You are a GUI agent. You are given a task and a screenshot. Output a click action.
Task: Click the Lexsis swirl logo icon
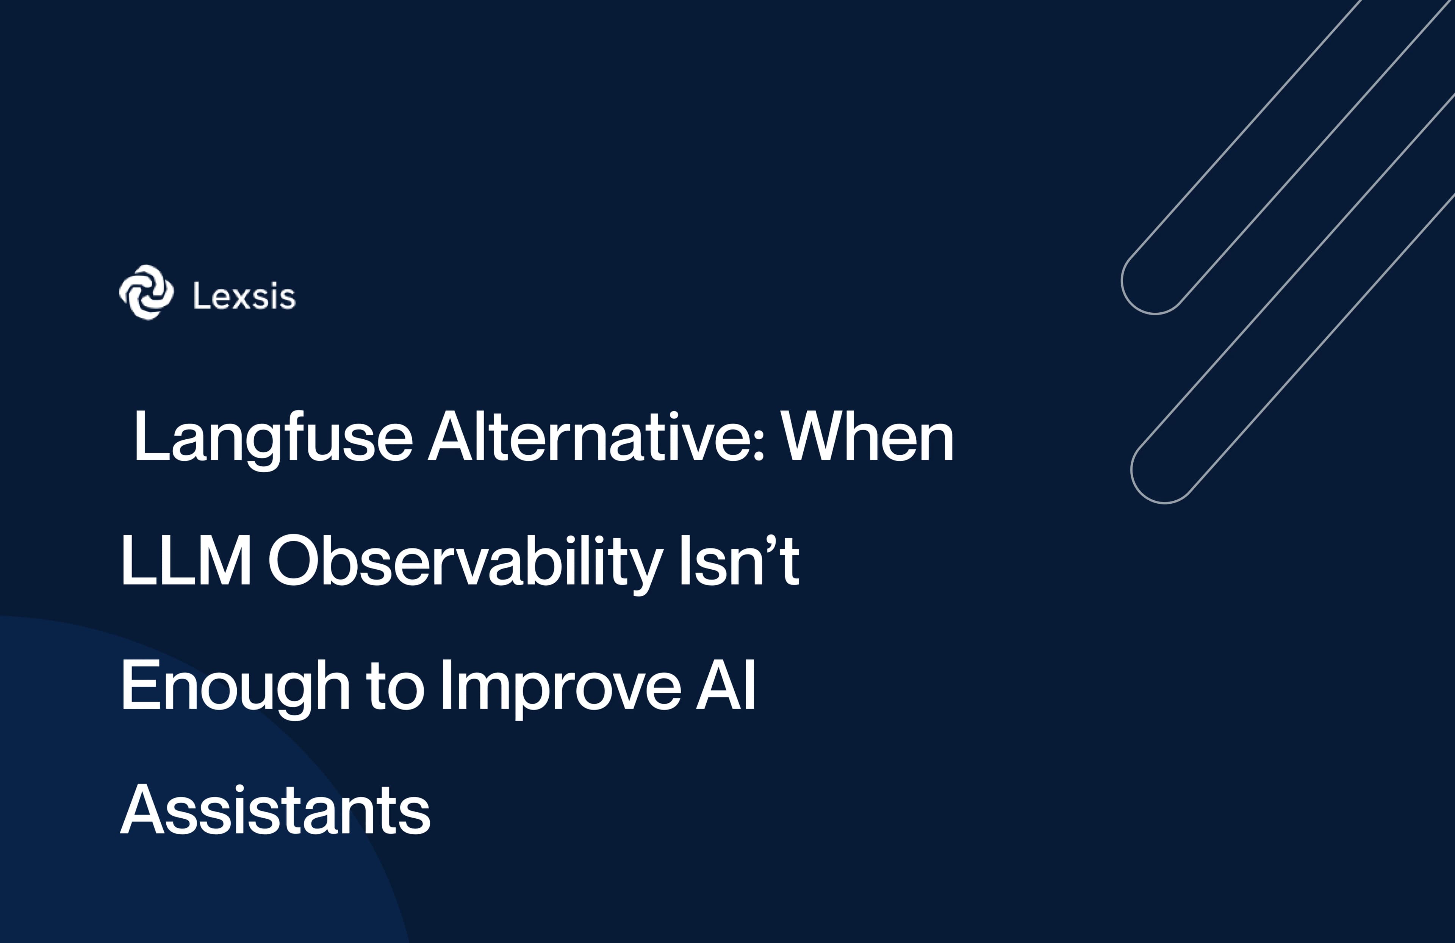tap(146, 292)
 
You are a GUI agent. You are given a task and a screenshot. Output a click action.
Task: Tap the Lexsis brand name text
tap(244, 297)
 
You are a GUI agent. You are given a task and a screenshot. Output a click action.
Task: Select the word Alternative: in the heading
tap(596, 437)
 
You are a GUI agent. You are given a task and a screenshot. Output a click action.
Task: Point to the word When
tap(867, 437)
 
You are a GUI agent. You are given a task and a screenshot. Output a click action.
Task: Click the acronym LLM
tap(186, 561)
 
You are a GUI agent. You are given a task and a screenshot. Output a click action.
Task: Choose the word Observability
tap(465, 561)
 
